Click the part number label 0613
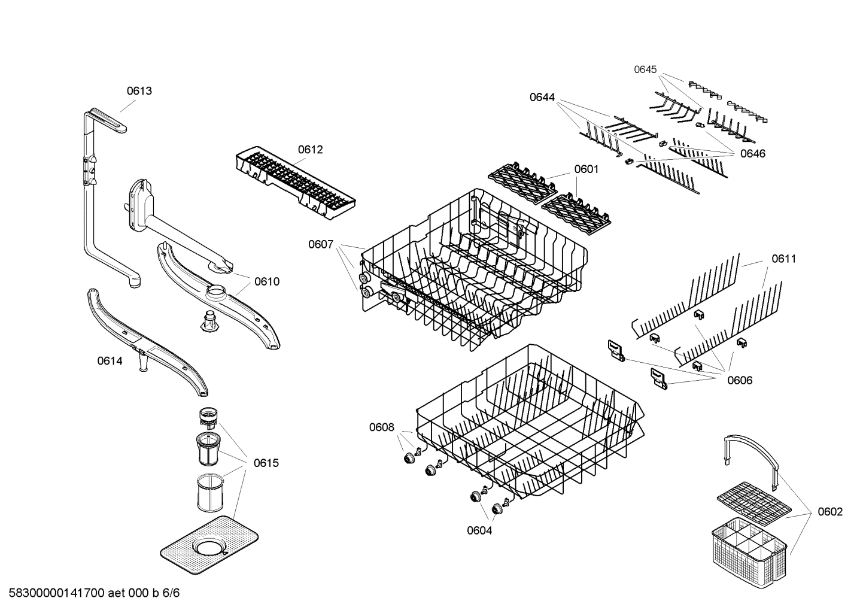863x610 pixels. [139, 91]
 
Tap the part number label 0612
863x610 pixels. [310, 149]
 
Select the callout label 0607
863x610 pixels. [321, 244]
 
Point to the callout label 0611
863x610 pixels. [783, 259]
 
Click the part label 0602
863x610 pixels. [829, 511]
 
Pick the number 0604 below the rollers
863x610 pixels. [479, 530]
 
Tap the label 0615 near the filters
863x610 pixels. [266, 463]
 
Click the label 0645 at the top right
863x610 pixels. [645, 69]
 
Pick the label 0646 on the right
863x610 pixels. [752, 153]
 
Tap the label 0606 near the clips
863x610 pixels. [740, 380]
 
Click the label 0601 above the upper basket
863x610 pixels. [586, 169]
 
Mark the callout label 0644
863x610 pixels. [542, 97]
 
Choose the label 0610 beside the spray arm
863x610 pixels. [266, 281]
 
